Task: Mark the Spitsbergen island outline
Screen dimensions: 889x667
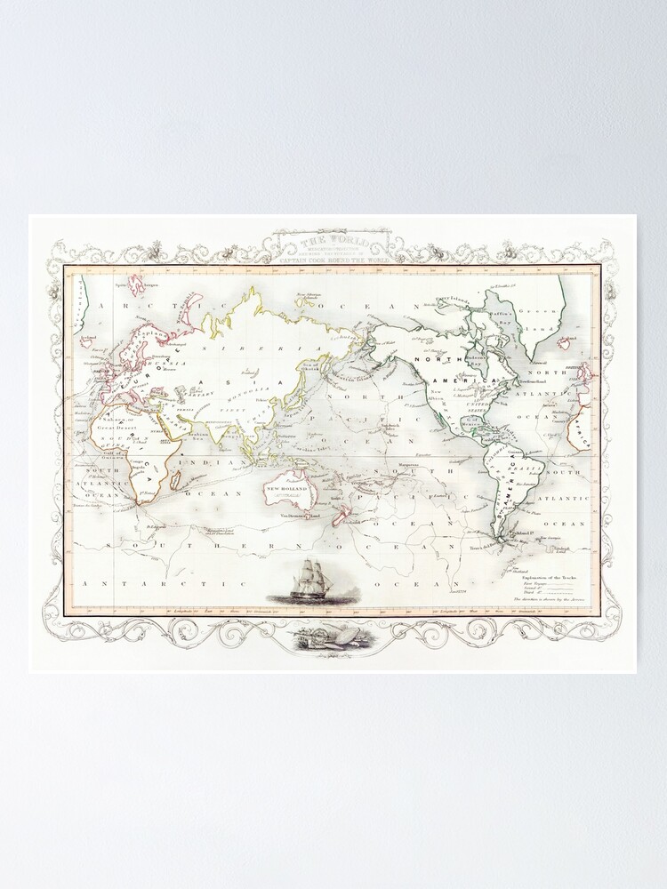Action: [136, 284]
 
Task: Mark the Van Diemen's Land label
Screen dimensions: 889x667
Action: [298, 514]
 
